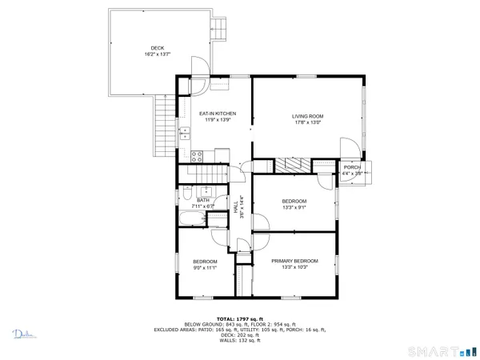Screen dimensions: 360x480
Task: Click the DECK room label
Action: tap(156, 48)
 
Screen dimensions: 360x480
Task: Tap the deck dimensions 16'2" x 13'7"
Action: tap(156, 55)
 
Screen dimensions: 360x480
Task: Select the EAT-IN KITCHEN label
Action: tap(217, 114)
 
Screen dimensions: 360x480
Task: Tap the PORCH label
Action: tap(352, 167)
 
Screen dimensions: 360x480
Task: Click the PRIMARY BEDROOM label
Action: tap(294, 261)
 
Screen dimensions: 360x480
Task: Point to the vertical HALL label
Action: tap(236, 206)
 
